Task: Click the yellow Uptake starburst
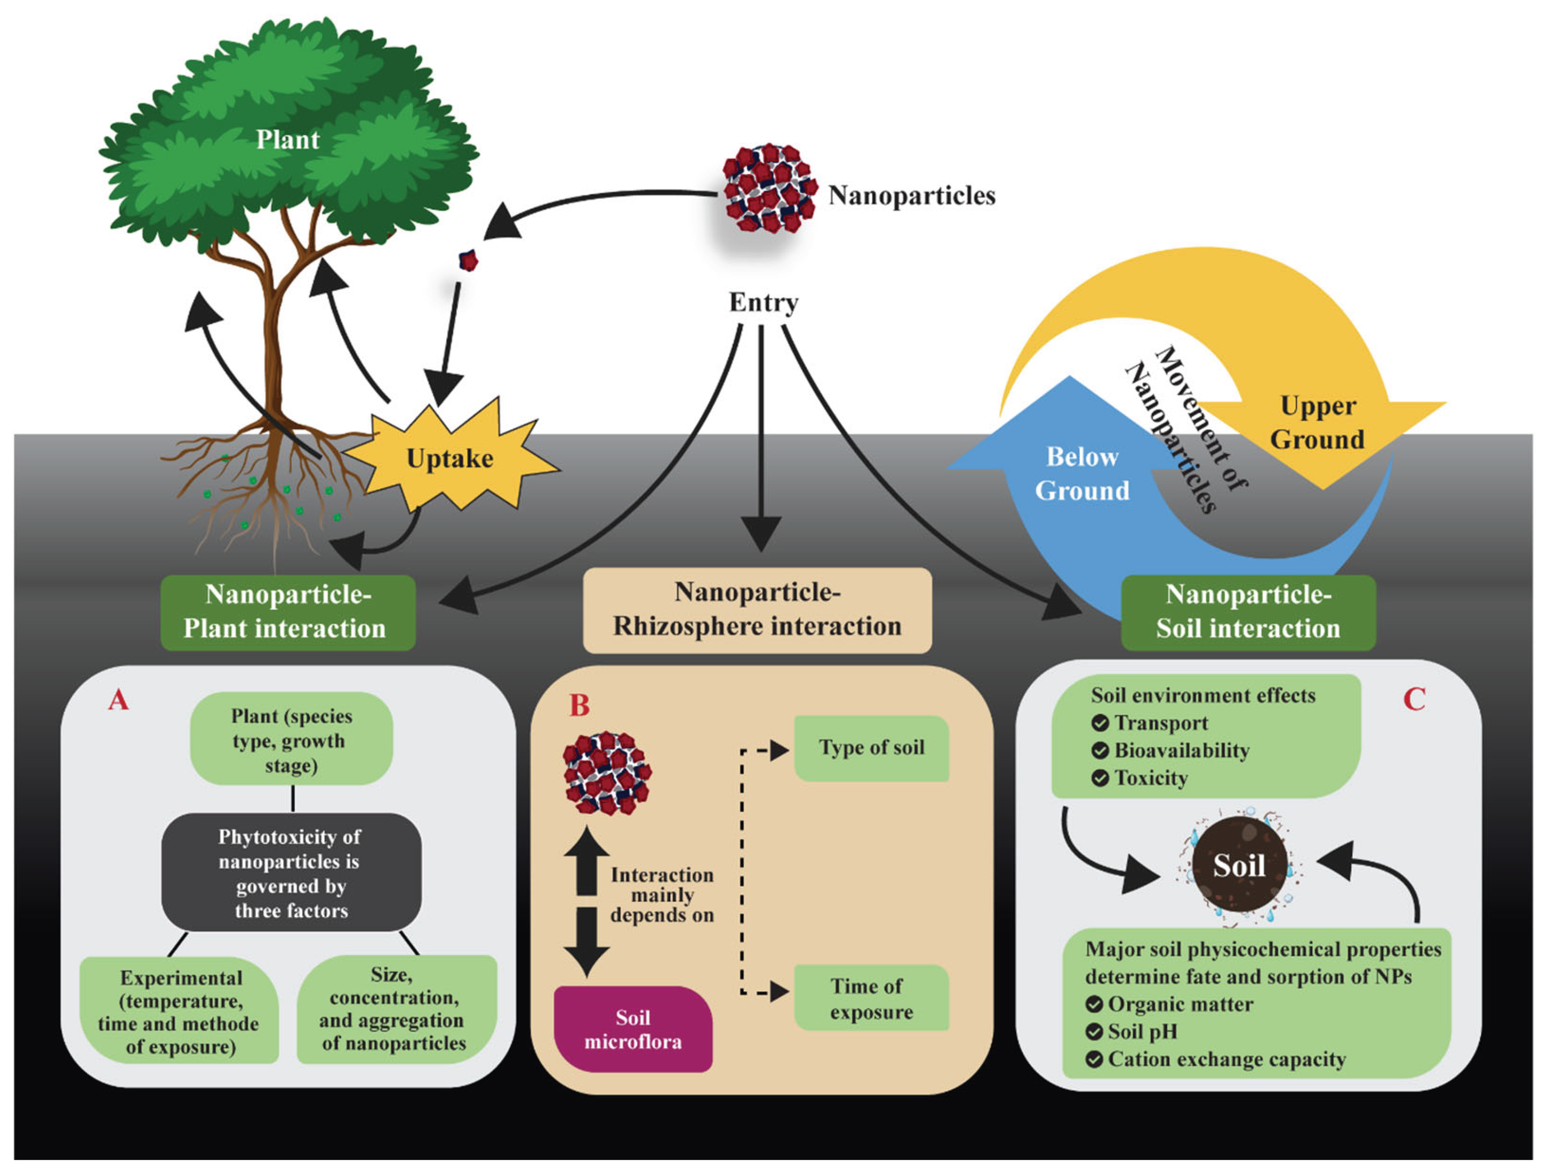click(450, 458)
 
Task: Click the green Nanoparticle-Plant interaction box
click(287, 612)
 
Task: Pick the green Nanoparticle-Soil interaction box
click(1248, 612)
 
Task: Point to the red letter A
click(119, 699)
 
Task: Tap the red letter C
click(1413, 699)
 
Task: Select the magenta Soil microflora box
click(632, 1029)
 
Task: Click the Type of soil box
click(871, 748)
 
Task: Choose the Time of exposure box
click(871, 998)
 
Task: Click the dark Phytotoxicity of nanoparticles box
click(291, 872)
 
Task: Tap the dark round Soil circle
click(1239, 865)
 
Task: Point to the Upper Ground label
click(1317, 423)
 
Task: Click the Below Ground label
click(1082, 473)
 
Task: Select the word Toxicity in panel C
click(1151, 778)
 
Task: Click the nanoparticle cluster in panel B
click(607, 772)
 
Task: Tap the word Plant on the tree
click(287, 140)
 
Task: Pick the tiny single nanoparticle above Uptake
click(468, 260)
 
